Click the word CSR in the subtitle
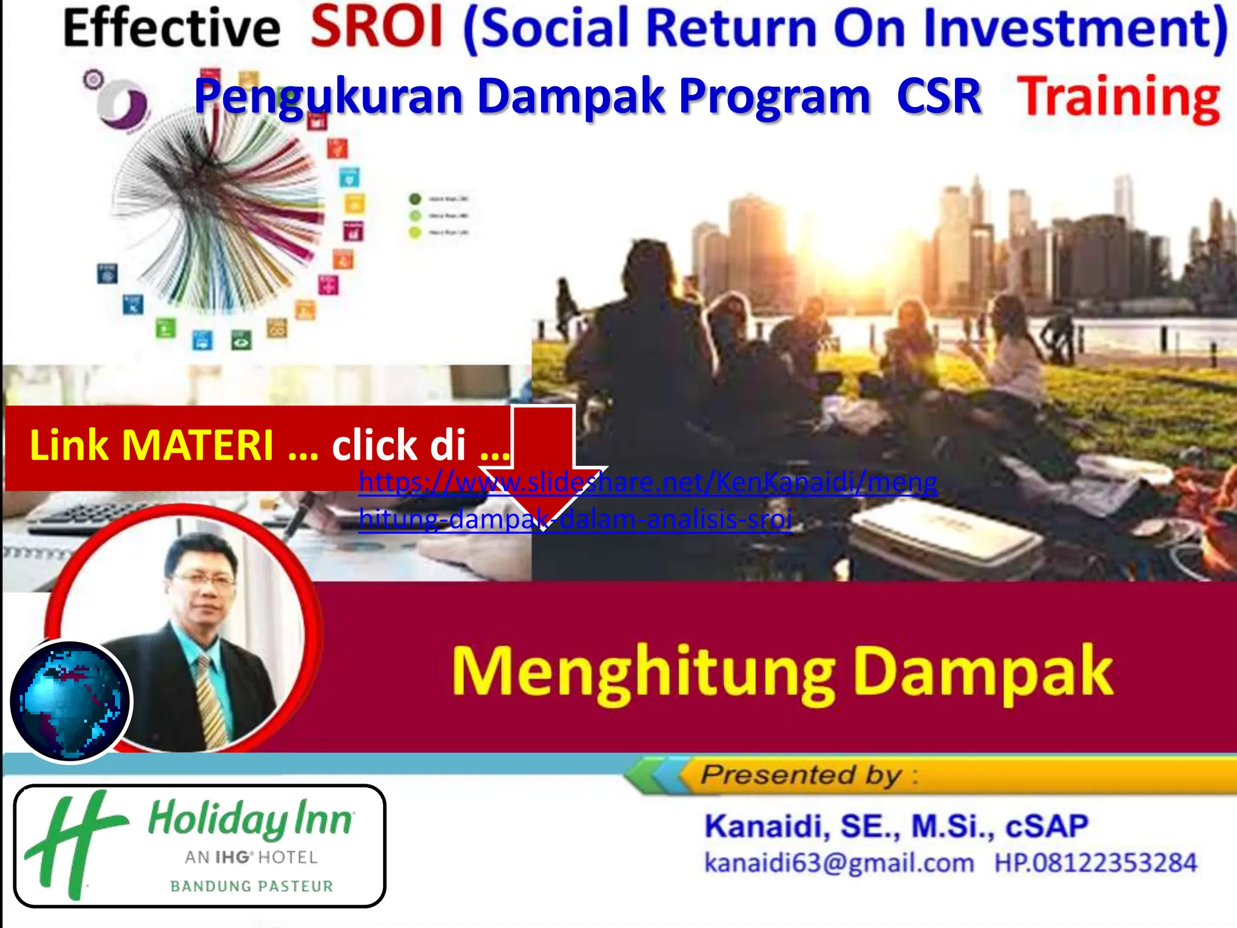(x=939, y=97)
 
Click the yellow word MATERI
(x=198, y=445)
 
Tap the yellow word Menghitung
(x=643, y=673)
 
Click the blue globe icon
(x=70, y=701)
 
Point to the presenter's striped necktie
(x=210, y=701)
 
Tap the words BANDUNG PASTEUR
(x=252, y=886)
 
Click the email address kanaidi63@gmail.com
(x=839, y=863)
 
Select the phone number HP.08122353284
(x=1095, y=863)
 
